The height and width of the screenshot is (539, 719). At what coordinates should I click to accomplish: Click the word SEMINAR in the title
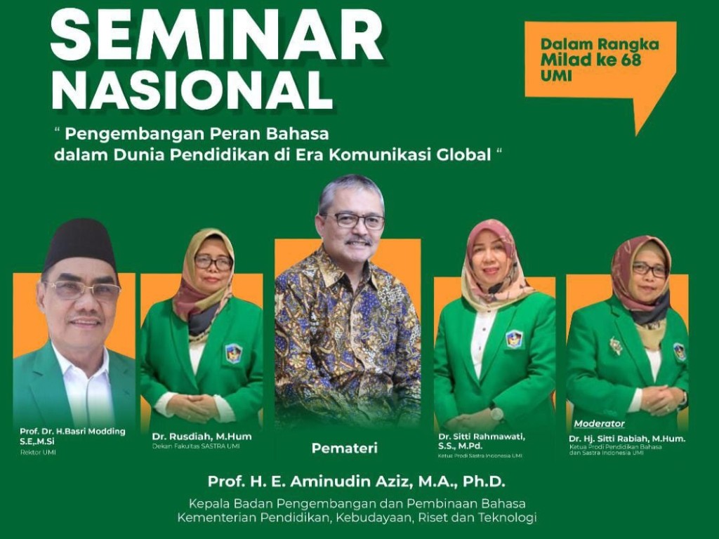click(216, 35)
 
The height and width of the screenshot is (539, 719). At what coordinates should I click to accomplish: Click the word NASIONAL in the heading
click(192, 89)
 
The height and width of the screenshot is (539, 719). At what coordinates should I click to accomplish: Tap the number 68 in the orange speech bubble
click(631, 60)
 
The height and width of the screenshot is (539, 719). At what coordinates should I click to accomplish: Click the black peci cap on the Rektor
click(81, 243)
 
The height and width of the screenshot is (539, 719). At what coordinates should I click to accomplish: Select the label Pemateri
click(344, 448)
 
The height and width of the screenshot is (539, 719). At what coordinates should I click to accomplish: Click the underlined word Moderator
click(599, 423)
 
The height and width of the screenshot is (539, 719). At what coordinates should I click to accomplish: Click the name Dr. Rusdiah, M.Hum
click(202, 437)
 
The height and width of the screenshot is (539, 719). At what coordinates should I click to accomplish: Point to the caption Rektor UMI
click(38, 453)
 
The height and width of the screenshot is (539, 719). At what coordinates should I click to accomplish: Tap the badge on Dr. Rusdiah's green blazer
click(233, 354)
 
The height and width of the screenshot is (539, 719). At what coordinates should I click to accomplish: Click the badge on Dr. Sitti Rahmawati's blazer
click(513, 340)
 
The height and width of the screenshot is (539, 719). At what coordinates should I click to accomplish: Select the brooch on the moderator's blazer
click(615, 345)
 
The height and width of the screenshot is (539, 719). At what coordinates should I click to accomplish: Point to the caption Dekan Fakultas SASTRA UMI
click(196, 446)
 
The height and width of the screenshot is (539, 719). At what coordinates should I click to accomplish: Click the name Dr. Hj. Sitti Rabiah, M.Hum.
click(627, 439)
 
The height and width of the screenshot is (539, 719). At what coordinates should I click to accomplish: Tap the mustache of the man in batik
click(358, 241)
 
